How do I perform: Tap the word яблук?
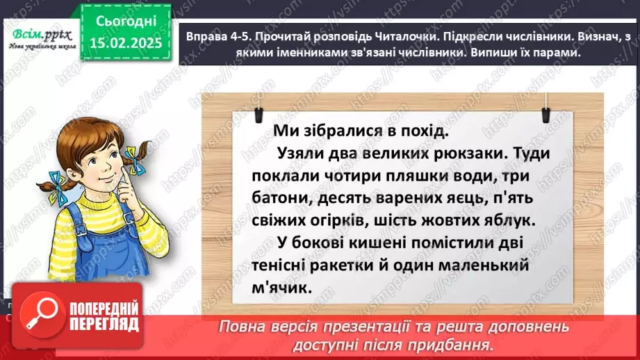511,222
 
